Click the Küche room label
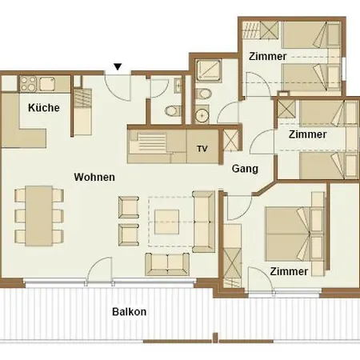click(x=44, y=108)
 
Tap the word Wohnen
click(x=94, y=177)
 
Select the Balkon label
click(x=129, y=312)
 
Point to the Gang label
click(x=245, y=169)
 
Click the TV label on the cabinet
click(x=202, y=149)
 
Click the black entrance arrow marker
click(x=118, y=66)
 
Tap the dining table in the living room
click(x=39, y=216)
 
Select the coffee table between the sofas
click(x=166, y=222)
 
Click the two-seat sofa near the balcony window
click(x=167, y=264)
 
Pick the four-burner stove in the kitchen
click(x=28, y=84)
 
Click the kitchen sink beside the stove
click(x=47, y=84)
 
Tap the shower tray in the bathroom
click(x=208, y=70)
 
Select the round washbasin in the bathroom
click(x=202, y=115)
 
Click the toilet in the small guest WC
click(x=173, y=110)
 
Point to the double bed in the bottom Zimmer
click(x=288, y=234)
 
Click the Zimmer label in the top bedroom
click(x=268, y=57)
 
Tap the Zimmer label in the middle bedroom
click(x=307, y=134)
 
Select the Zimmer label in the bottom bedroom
click(x=289, y=271)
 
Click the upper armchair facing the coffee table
click(x=129, y=207)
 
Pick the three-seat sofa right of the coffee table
click(x=203, y=222)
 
